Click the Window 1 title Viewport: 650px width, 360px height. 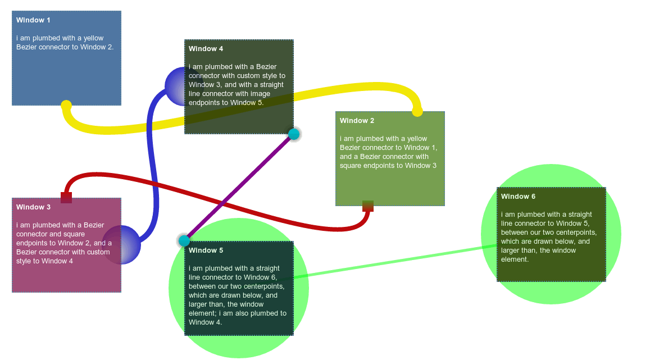pyautogui.click(x=33, y=20)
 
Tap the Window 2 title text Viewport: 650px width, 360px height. pyautogui.click(x=357, y=121)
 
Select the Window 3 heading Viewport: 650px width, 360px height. pyautogui.click(x=33, y=207)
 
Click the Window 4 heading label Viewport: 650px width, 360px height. pyautogui.click(x=206, y=49)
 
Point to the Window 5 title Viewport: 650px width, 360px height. pyautogui.click(x=206, y=250)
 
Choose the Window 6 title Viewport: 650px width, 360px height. pyautogui.click(x=518, y=197)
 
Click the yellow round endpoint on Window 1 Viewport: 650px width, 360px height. pyautogui.click(x=66, y=105)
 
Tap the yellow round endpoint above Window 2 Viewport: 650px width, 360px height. pyautogui.click(x=417, y=111)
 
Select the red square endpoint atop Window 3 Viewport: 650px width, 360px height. pyautogui.click(x=66, y=197)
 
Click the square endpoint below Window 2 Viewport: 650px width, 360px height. pyautogui.click(x=368, y=206)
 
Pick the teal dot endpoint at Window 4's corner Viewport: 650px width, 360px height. pyautogui.click(x=294, y=134)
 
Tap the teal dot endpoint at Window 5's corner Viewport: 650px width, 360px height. pyautogui.click(x=184, y=241)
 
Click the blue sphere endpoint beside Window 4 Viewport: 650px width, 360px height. pyautogui.click(x=175, y=86)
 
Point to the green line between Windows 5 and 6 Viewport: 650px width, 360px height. pyautogui.click(x=393, y=261)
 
